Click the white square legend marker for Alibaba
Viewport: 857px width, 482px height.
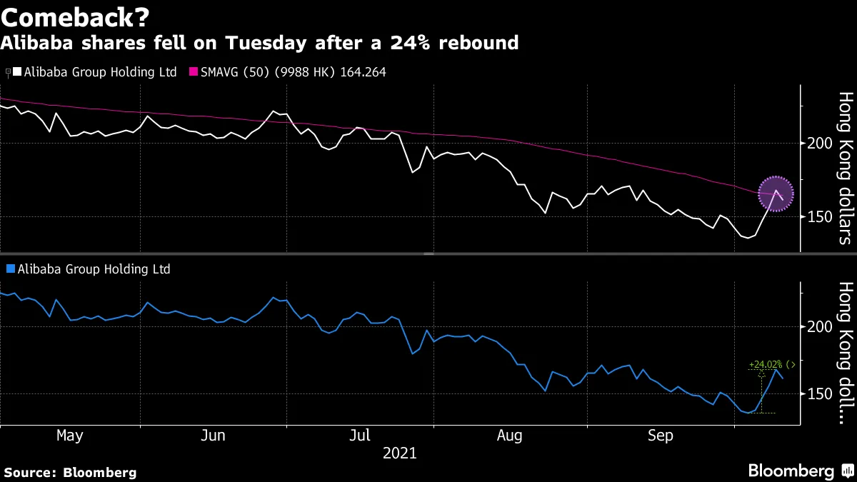[16, 72]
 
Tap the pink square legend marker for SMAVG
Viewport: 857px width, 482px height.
[194, 72]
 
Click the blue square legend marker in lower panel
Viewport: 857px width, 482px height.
[10, 269]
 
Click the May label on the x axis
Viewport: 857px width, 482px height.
[69, 436]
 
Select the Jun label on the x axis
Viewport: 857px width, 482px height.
[214, 436]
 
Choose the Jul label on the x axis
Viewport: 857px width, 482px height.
[361, 436]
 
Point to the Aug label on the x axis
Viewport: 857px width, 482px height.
[511, 436]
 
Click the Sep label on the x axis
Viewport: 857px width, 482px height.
[660, 436]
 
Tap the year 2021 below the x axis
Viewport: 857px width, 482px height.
[400, 453]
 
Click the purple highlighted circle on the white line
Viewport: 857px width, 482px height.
[776, 194]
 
